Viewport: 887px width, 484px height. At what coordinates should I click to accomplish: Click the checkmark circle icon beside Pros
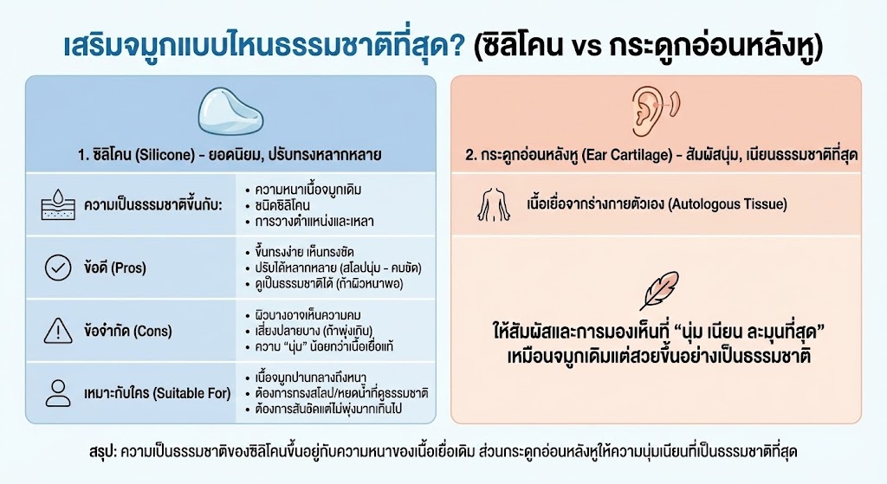click(58, 268)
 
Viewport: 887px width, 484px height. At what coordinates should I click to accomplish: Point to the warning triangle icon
click(58, 331)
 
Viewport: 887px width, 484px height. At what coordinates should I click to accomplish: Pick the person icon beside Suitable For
click(58, 394)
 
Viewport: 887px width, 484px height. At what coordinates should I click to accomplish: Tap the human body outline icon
click(494, 204)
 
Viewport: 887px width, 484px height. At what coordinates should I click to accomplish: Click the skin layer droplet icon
click(58, 204)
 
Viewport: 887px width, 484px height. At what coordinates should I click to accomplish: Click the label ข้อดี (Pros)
click(115, 268)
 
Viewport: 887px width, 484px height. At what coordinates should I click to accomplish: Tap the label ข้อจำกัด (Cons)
click(128, 331)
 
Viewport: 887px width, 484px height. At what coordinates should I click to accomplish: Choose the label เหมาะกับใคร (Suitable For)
click(158, 394)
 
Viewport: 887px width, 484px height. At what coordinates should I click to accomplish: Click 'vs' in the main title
click(586, 47)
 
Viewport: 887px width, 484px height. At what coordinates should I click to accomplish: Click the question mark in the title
click(457, 46)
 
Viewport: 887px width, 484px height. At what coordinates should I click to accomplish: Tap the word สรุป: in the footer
click(102, 452)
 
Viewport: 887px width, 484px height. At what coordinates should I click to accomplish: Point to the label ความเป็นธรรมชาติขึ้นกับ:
click(152, 204)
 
